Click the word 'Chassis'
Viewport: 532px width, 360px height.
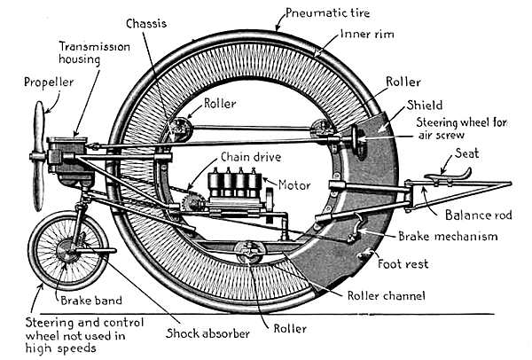point(145,21)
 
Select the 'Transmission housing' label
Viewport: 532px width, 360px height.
point(90,54)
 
